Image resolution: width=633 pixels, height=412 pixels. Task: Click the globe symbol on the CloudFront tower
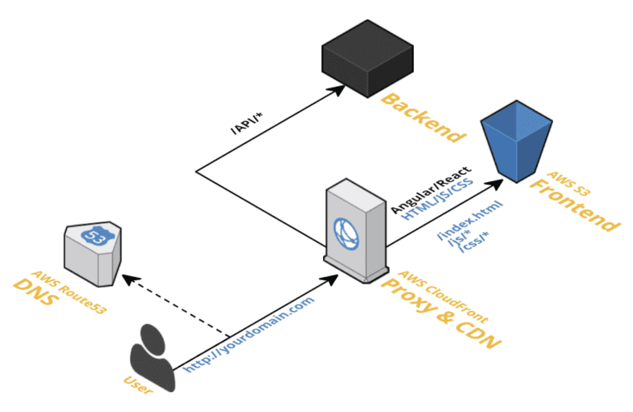coord(346,233)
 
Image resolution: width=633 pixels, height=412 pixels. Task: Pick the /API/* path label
coord(246,124)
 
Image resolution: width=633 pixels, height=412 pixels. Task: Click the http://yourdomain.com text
coord(249,334)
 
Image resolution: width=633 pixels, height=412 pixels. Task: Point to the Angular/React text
coord(431,189)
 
